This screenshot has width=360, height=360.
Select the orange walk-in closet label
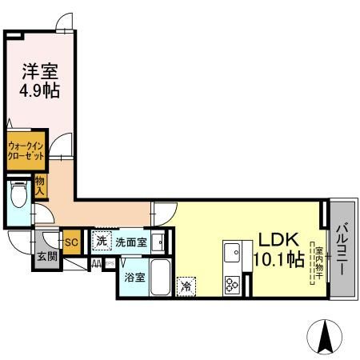26,151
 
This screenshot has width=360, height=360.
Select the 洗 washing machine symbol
102,240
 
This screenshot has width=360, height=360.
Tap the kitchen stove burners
234,282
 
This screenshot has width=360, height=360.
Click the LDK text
277,240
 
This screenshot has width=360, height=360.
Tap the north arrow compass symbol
326,336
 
